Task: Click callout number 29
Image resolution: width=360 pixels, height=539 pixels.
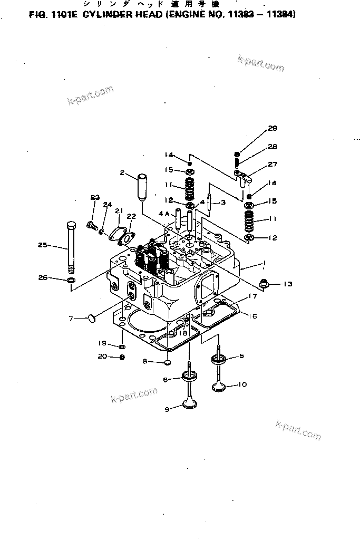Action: coord(272,128)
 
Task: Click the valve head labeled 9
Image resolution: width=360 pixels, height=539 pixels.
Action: coord(190,404)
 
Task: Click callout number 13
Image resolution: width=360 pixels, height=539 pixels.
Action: coord(287,284)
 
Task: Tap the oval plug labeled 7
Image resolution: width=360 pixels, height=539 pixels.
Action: coord(93,317)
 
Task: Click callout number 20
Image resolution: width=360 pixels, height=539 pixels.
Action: coord(102,357)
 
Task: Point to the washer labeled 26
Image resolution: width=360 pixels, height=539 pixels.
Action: coord(71,278)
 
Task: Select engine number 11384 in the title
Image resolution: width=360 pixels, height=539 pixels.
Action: coord(281,15)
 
